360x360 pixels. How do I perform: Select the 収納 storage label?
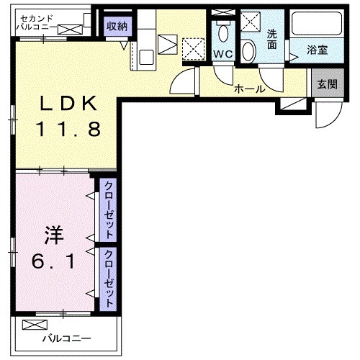click(117, 26)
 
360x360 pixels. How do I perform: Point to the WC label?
click(221, 54)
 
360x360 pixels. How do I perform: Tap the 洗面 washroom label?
click(272, 39)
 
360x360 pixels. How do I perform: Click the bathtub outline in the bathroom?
click(316, 26)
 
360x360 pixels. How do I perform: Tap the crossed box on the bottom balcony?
click(32, 324)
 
